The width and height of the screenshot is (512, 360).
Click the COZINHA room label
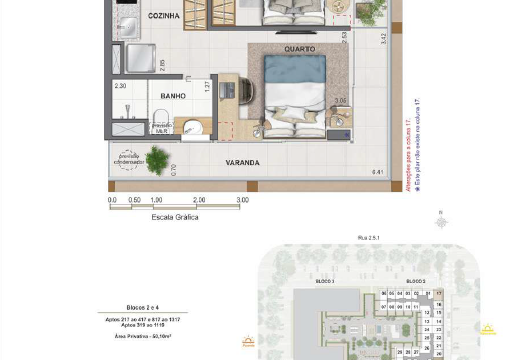[164, 17]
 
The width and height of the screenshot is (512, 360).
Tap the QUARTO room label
[300, 48]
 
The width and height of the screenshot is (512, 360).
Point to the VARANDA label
[241, 162]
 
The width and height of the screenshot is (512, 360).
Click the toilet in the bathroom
[191, 126]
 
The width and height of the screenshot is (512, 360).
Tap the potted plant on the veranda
[157, 157]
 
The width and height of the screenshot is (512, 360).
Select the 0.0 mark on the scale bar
[112, 200]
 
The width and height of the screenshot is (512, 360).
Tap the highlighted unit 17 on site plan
[438, 293]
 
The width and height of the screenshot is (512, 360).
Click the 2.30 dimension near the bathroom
[120, 87]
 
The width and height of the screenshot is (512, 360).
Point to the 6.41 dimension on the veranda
[377, 172]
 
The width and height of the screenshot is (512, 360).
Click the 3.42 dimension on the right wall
[384, 40]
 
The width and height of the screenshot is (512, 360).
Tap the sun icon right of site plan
[490, 328]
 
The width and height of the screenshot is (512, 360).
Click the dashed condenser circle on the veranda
[129, 158]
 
